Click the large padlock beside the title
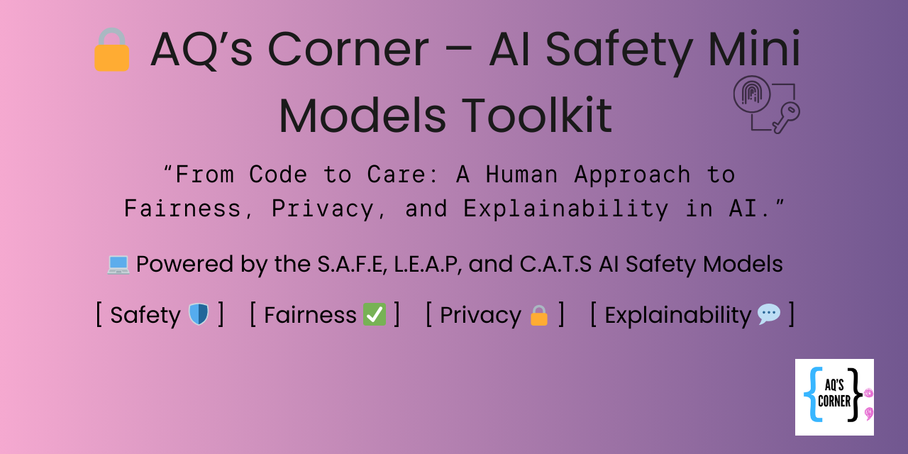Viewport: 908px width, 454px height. pyautogui.click(x=112, y=50)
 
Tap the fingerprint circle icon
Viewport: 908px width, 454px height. pyautogui.click(x=751, y=94)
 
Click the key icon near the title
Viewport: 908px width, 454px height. pyautogui.click(x=787, y=118)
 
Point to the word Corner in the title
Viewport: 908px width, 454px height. pyautogui.click(x=348, y=50)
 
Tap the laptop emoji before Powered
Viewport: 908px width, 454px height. pyautogui.click(x=118, y=265)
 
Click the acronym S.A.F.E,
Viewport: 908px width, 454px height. pyautogui.click(x=352, y=265)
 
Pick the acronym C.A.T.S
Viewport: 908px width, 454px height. pyautogui.click(x=555, y=265)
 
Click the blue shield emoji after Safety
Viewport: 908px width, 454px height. pyautogui.click(x=199, y=314)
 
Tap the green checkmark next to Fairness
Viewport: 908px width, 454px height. pyautogui.click(x=374, y=314)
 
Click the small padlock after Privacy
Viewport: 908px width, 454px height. pyautogui.click(x=539, y=316)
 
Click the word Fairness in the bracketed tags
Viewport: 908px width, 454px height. pyautogui.click(x=310, y=315)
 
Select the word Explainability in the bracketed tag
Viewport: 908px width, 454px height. pyautogui.click(x=677, y=316)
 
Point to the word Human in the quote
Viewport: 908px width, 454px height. pyautogui.click(x=521, y=175)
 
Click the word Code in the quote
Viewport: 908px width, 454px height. pyautogui.click(x=278, y=175)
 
